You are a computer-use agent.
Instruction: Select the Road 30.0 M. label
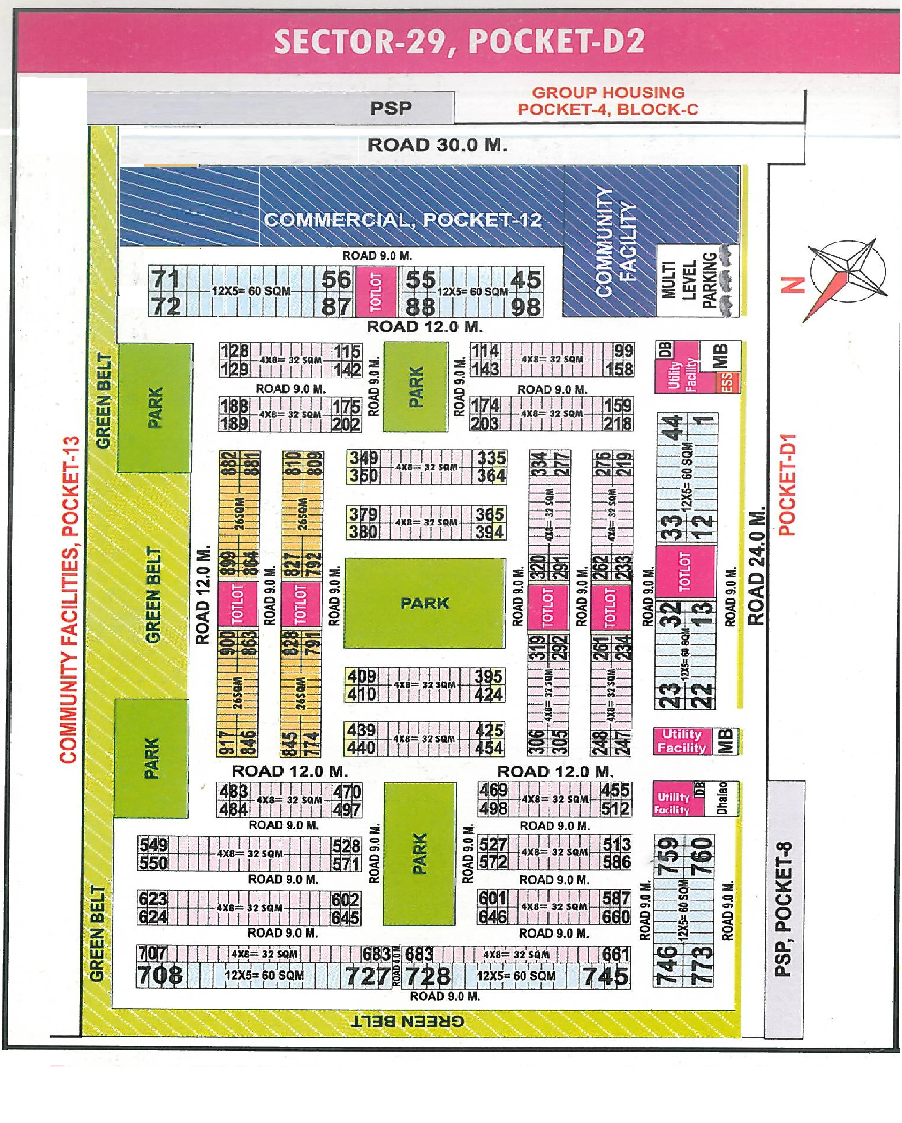(x=437, y=145)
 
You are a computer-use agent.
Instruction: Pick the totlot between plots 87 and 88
(x=375, y=292)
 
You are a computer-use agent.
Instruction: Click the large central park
(x=425, y=603)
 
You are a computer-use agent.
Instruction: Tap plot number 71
(x=166, y=279)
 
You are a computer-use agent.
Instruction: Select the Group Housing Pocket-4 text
(x=608, y=101)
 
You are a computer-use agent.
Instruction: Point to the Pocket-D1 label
(x=788, y=484)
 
